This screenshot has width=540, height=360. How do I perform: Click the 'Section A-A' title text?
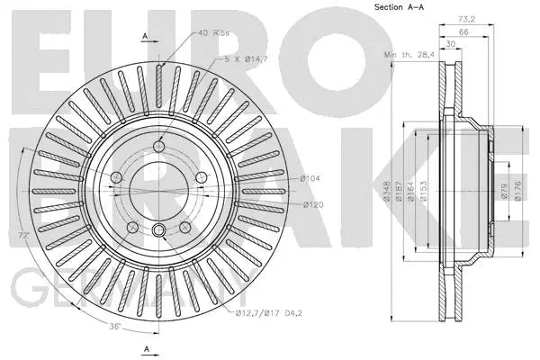point(400,8)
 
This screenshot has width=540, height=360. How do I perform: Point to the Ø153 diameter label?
point(422,190)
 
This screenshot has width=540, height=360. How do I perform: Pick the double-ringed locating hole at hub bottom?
point(158,229)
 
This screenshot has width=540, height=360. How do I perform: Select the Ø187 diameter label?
point(398,190)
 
